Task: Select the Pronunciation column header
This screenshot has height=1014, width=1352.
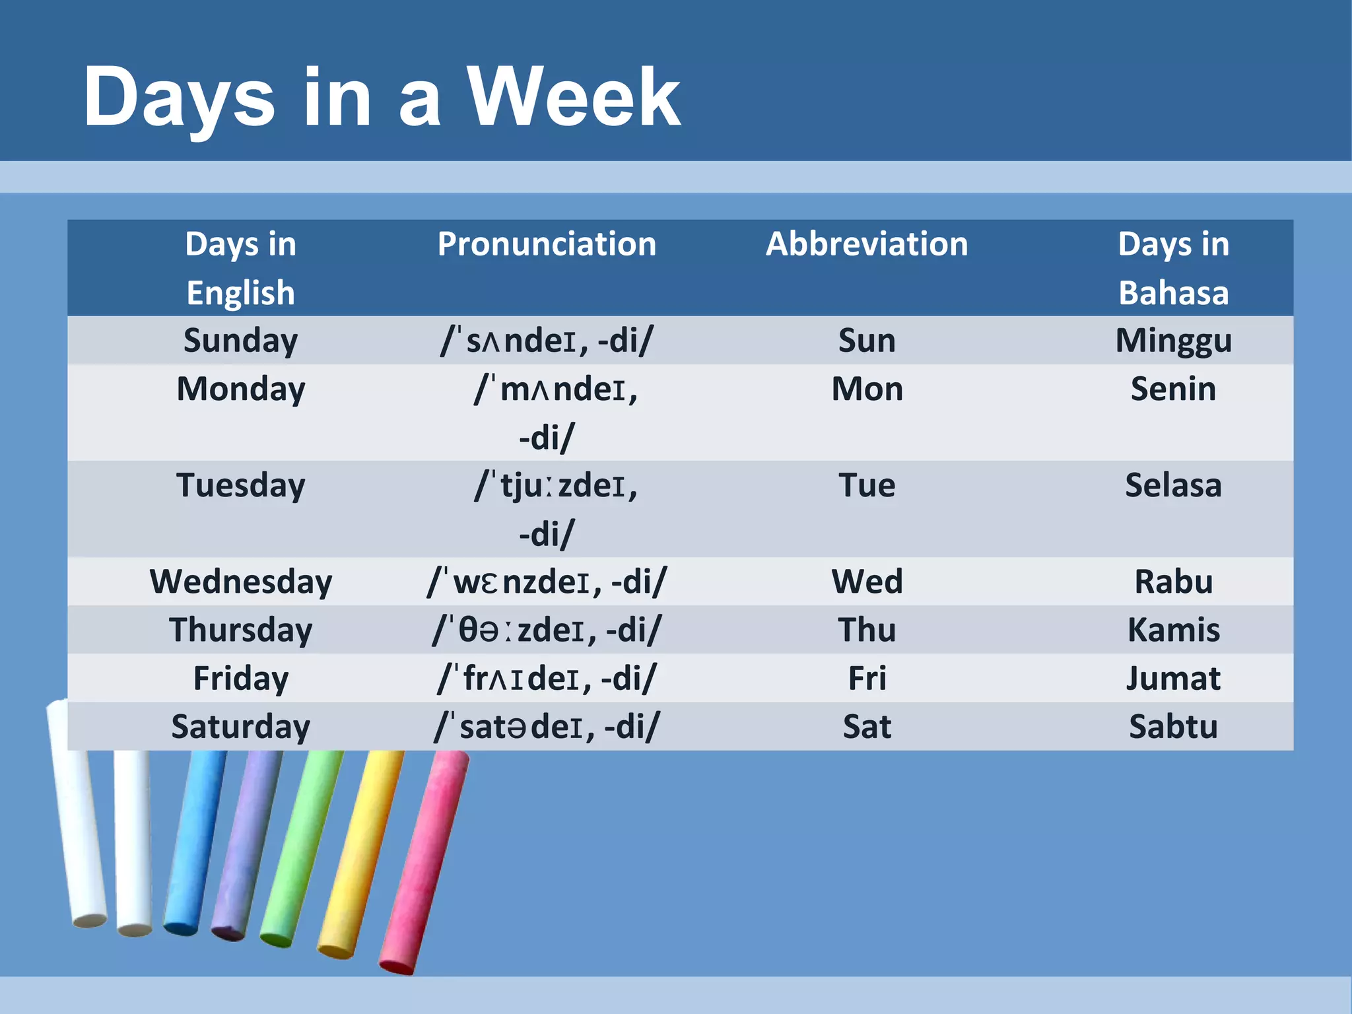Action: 547,244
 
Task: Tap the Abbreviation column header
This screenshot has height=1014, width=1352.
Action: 866,244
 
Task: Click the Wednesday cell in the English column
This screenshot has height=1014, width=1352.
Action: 241,582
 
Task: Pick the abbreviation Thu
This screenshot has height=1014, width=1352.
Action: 866,630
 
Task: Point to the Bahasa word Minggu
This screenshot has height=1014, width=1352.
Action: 1173,341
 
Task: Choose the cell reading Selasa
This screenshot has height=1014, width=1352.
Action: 1173,485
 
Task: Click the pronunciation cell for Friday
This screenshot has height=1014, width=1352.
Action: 547,678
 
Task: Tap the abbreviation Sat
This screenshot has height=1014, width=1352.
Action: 866,726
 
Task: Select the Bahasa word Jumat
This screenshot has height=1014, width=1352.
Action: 1173,678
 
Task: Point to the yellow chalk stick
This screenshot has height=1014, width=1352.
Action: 361,852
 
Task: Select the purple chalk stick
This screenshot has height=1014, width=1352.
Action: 247,845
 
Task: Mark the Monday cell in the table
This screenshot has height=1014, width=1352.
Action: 241,389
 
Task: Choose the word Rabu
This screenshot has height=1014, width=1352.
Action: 1173,582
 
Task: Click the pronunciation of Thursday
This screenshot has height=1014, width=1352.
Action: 547,630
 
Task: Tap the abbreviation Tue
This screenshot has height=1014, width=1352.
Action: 866,485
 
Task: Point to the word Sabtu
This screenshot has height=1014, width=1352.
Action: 1173,726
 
